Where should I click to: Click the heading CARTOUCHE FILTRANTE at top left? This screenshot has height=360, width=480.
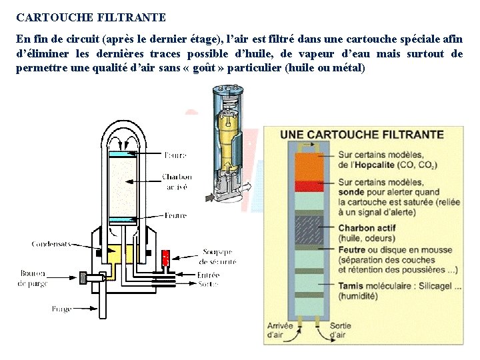click(91, 17)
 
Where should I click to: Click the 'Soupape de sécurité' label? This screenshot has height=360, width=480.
click(218, 257)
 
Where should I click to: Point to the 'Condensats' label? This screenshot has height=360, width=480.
click(51, 244)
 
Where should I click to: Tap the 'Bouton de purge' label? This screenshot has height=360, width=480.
click(33, 278)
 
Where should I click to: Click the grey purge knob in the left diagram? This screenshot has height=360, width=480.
click(83, 277)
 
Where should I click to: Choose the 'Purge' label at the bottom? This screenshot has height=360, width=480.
click(62, 309)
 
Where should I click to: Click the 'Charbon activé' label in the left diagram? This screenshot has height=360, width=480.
click(177, 182)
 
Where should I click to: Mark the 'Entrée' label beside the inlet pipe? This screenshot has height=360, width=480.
click(208, 275)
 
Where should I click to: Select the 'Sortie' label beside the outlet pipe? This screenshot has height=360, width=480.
click(207, 284)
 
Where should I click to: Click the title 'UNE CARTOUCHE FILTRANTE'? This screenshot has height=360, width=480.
click(362, 134)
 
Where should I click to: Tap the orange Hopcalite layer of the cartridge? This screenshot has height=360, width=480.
click(309, 166)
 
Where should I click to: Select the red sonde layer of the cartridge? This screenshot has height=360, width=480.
click(309, 185)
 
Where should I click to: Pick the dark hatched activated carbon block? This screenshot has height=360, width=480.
click(309, 229)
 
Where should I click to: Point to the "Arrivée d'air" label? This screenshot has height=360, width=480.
click(279, 330)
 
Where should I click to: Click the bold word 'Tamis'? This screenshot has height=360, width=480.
click(351, 287)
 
